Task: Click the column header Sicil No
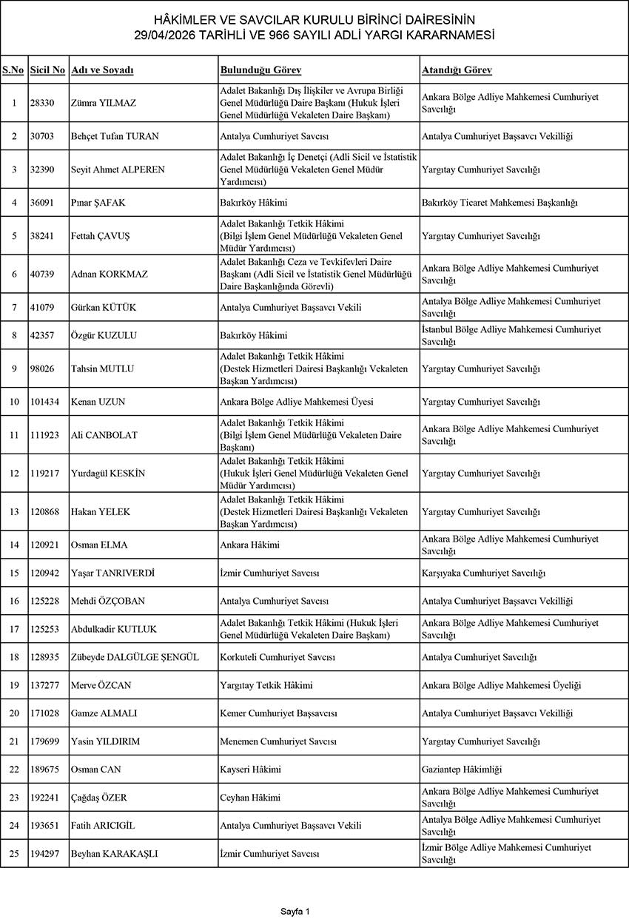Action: (x=48, y=70)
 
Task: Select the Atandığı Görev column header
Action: (x=457, y=70)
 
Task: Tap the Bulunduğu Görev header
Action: (x=260, y=70)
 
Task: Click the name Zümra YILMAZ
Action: (x=103, y=103)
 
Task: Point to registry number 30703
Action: (x=43, y=136)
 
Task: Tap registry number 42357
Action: (x=43, y=335)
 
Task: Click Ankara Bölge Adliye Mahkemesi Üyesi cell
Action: (x=297, y=402)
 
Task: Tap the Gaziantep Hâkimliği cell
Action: (x=462, y=770)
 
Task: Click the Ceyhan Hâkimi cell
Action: (x=250, y=798)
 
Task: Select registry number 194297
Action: (x=45, y=854)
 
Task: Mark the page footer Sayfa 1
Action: (x=295, y=911)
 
